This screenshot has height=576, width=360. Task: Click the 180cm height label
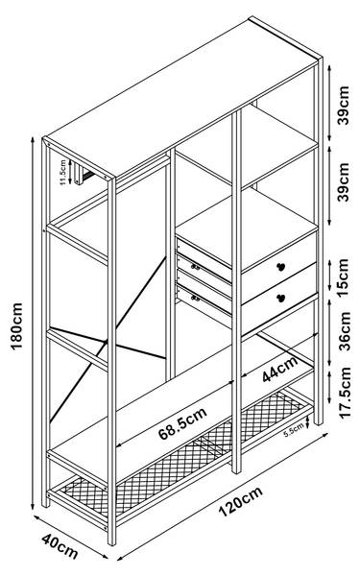17,326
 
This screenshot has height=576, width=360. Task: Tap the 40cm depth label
60,546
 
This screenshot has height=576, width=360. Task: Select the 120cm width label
241,501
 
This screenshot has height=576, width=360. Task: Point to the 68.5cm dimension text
182,423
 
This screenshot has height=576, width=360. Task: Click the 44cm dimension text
280,370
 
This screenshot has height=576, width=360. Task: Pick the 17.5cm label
346,393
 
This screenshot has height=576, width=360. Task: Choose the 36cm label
346,330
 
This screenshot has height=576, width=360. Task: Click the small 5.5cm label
294,430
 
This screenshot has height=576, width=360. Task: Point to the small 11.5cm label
62,172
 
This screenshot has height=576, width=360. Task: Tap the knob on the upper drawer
281,267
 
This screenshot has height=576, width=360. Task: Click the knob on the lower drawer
281,298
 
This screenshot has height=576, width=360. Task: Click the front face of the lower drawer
279,299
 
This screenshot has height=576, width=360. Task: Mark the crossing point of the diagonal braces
107,343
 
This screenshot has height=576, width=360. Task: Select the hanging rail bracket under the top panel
79,174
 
